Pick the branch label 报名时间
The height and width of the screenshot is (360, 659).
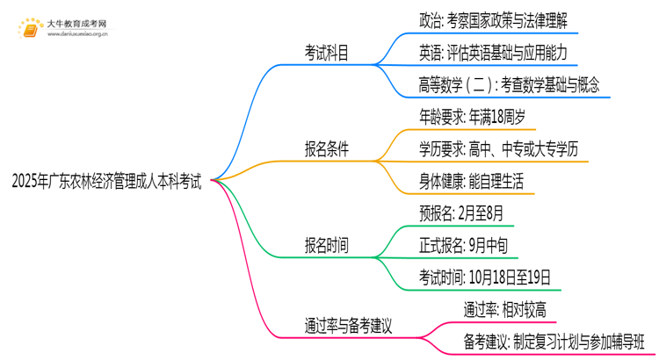[320, 246]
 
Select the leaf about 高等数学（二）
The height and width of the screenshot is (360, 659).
[509, 85]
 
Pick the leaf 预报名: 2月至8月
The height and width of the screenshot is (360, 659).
[462, 213]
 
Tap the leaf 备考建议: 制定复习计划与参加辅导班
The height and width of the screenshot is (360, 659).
[554, 340]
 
